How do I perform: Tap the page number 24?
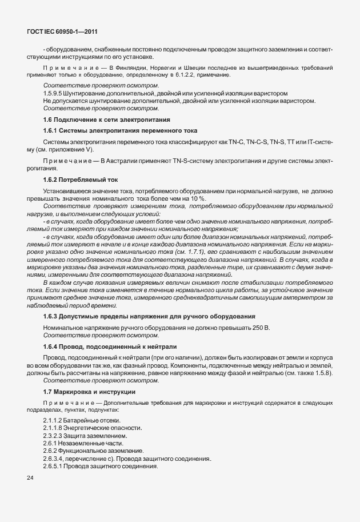tap(30, 477)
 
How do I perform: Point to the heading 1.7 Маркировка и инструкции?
tap(89, 392)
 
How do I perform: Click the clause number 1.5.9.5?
tap(53, 93)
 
